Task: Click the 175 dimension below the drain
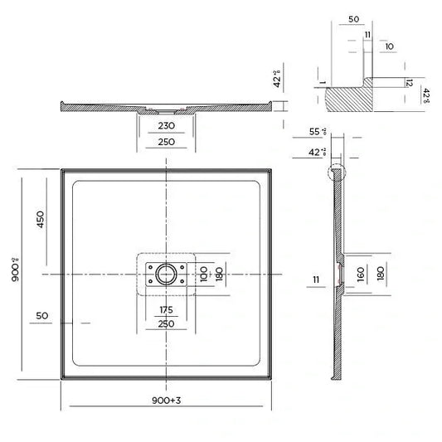[x=166, y=310]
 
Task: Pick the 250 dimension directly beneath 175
[x=166, y=324]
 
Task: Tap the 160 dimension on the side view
[x=361, y=274]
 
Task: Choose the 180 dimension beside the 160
[x=381, y=274]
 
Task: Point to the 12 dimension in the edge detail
[x=409, y=82]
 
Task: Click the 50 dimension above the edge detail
[x=353, y=18]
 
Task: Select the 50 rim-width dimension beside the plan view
[x=44, y=316]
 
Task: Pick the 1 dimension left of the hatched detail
[x=318, y=84]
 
